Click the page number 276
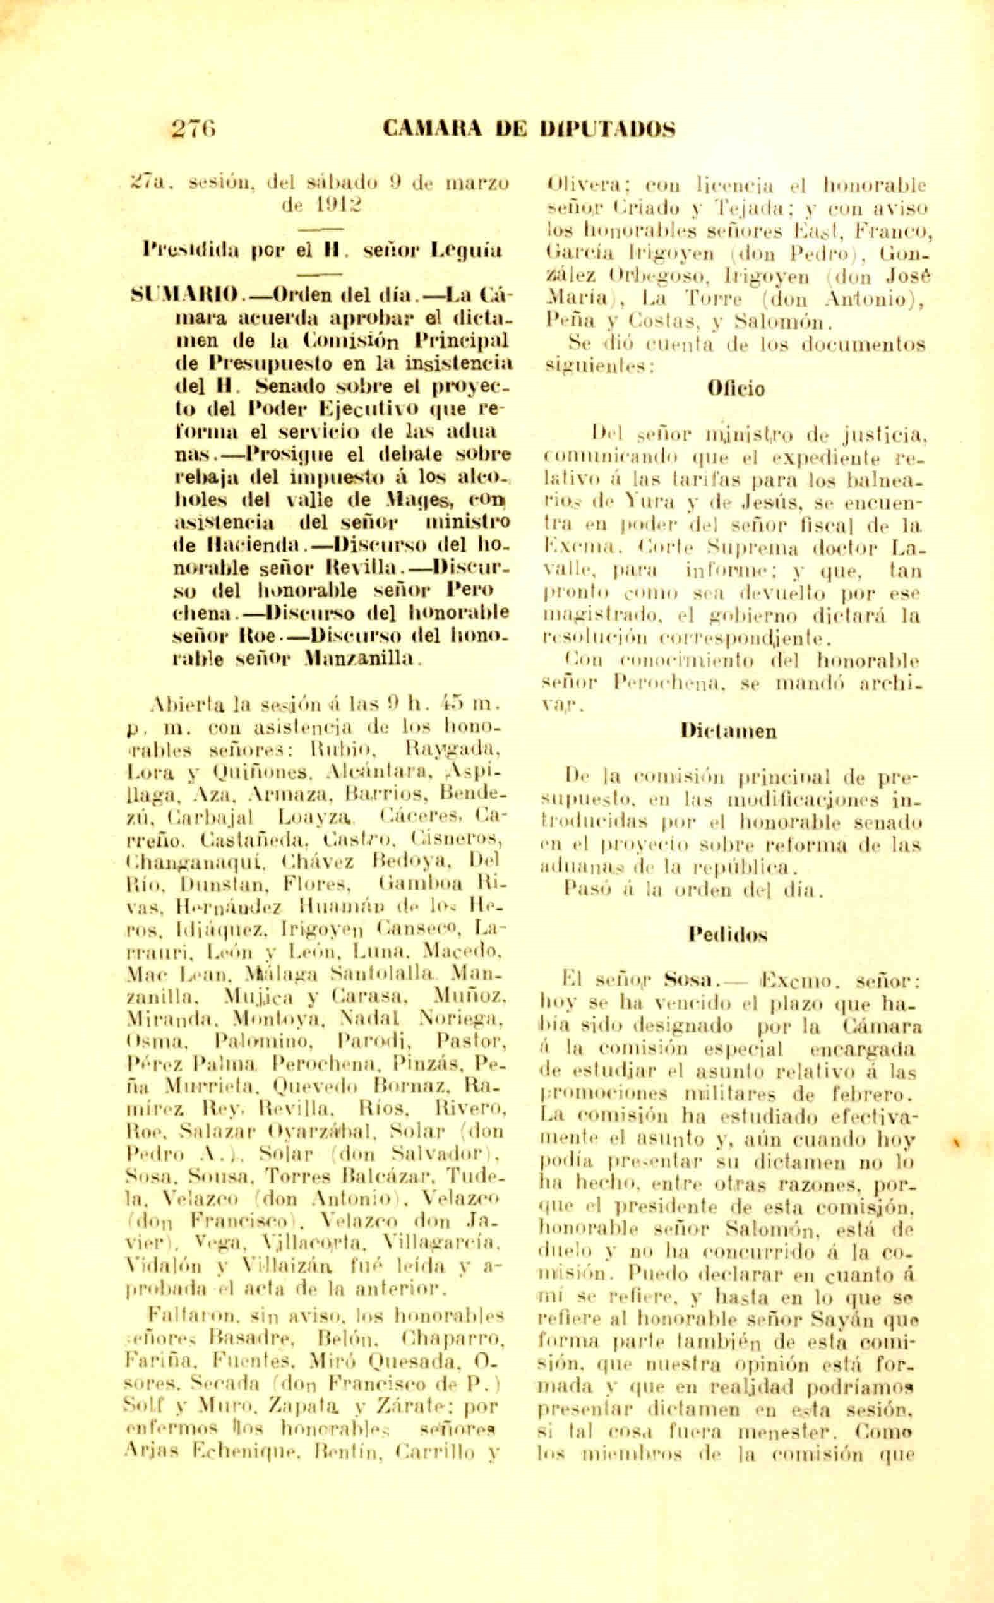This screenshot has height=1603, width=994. click(x=194, y=127)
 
